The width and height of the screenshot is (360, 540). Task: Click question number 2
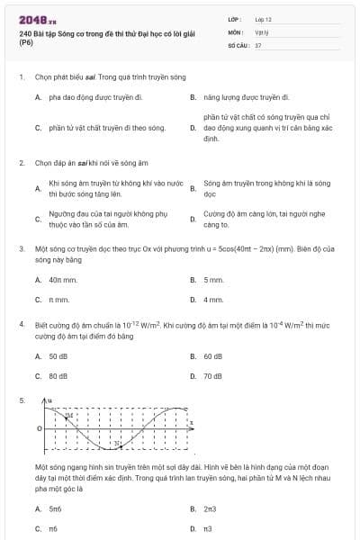coord(22,163)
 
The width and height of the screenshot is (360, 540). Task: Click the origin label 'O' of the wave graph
coord(39,428)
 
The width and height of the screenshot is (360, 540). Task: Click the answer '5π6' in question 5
coord(56,508)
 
